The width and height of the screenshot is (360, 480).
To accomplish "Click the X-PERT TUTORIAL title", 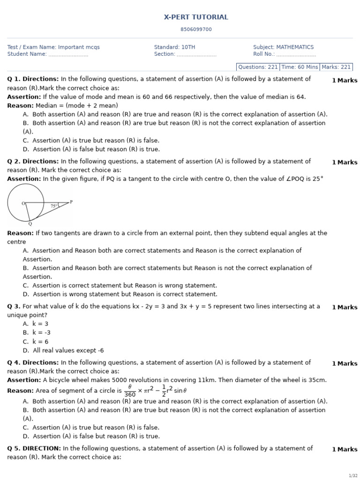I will [196, 17].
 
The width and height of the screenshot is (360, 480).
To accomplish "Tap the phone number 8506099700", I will [196, 30].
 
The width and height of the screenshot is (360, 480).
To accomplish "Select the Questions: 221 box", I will [258, 67].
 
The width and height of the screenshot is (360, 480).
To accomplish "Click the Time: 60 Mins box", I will [300, 67].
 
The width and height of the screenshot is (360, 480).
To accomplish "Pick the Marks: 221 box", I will [336, 67].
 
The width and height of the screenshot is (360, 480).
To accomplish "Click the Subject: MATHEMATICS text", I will [283, 47].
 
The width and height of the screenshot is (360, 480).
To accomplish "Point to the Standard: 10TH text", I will [174, 47].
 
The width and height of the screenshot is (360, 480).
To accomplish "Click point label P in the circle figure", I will [71, 202].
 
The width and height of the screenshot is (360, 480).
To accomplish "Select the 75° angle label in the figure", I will [54, 206].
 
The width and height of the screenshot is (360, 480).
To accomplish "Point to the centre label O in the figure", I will [23, 203].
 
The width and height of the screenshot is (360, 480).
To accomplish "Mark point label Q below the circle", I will [30, 224].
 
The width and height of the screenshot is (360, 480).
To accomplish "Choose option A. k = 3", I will [36, 324].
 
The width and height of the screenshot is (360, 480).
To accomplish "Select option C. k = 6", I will [36, 342].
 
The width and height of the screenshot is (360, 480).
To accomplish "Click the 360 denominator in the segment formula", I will [130, 395].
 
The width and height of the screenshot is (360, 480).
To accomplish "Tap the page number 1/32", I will [353, 475].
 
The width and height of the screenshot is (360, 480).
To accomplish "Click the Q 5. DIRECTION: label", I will [34, 449].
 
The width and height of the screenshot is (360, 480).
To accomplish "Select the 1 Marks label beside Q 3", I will [345, 307].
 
